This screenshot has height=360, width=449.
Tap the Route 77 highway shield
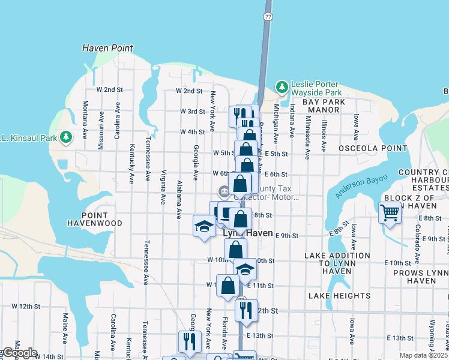(268, 16)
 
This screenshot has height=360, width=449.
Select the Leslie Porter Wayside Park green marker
(282, 88)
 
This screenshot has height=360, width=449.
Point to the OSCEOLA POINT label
(364, 148)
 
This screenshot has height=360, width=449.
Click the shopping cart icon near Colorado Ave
(390, 212)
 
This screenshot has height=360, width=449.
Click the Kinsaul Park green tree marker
(65, 137)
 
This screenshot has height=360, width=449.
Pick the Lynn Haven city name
(247, 233)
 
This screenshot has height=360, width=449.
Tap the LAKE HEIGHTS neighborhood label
(339, 296)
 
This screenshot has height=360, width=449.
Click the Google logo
(19, 353)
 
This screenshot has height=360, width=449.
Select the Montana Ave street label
(85, 124)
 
